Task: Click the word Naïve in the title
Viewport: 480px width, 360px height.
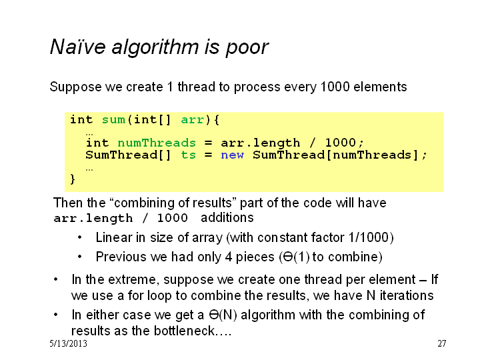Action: click(78, 47)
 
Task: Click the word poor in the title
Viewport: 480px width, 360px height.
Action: click(247, 49)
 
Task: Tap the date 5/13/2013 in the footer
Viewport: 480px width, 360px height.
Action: click(68, 343)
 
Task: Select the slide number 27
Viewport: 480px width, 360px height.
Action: click(442, 343)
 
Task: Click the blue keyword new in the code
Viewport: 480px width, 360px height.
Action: click(233, 155)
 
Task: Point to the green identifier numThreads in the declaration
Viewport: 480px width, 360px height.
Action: click(157, 143)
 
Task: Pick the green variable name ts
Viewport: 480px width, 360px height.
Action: click(188, 155)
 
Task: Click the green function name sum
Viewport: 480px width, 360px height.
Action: click(113, 120)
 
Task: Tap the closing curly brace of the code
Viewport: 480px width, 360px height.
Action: click(73, 179)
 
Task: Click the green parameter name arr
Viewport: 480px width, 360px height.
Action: click(192, 120)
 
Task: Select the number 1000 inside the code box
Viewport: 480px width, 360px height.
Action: click(340, 143)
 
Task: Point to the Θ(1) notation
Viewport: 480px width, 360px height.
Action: click(294, 257)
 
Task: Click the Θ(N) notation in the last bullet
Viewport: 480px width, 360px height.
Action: click(223, 315)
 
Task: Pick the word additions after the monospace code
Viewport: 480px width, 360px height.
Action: click(227, 217)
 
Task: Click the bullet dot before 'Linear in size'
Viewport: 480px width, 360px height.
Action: click(79, 237)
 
